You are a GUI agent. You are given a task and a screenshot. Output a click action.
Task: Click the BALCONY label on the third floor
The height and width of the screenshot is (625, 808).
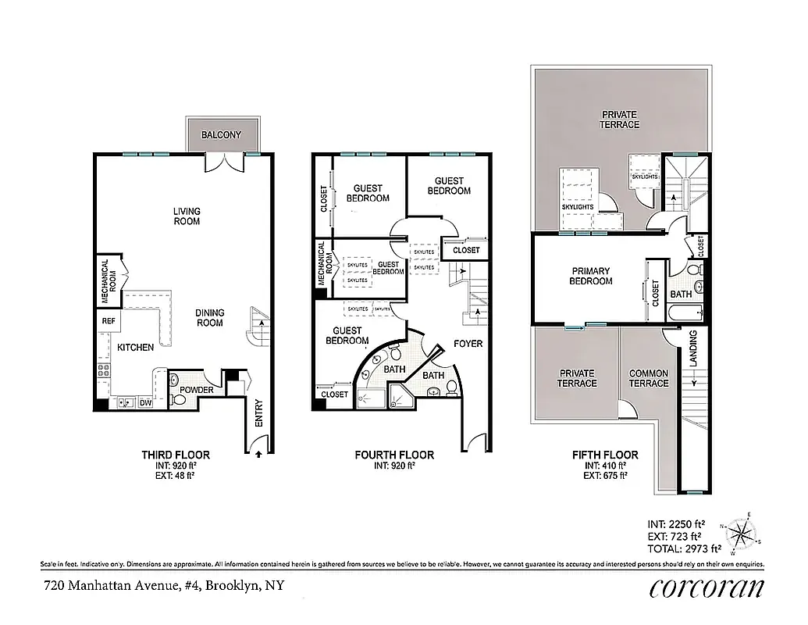(x=221, y=135)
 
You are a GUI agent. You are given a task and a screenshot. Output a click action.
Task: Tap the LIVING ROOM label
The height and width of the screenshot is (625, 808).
(x=187, y=216)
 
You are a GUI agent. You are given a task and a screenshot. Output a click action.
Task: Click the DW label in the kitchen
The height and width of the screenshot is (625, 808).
(x=144, y=404)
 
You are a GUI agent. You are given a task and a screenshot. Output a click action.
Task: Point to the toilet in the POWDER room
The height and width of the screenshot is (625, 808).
(x=179, y=400)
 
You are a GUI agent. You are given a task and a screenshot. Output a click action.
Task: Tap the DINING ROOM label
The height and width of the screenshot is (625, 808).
(x=209, y=318)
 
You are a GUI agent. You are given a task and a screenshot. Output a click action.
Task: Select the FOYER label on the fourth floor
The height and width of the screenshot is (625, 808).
(x=468, y=344)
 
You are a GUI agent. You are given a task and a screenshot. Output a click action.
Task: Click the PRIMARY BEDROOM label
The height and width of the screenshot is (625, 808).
(x=590, y=276)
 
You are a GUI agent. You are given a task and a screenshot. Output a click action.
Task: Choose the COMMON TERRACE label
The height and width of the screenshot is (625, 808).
(x=649, y=378)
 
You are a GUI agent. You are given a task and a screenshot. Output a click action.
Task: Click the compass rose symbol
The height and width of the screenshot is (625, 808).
(x=741, y=535)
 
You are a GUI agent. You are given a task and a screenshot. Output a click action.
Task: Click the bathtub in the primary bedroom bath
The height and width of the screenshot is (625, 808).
(x=687, y=313)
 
